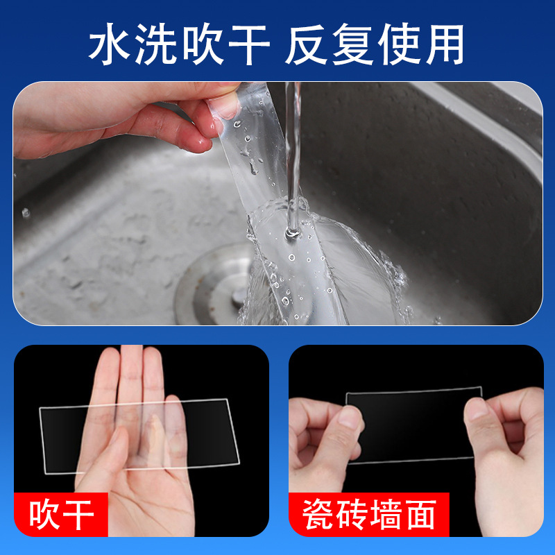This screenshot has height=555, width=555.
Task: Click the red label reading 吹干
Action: [x=60, y=515]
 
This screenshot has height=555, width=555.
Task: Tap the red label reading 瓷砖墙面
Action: [x=369, y=515]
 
